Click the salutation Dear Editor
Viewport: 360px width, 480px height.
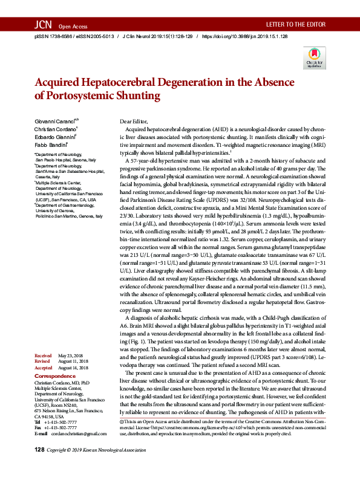tap(134, 122)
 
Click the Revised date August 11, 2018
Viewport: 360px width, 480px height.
tap(74, 362)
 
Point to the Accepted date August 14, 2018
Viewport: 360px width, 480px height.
tap(74, 368)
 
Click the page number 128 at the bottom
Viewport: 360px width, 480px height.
tap(40, 467)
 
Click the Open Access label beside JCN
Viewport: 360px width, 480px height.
tap(73, 27)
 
